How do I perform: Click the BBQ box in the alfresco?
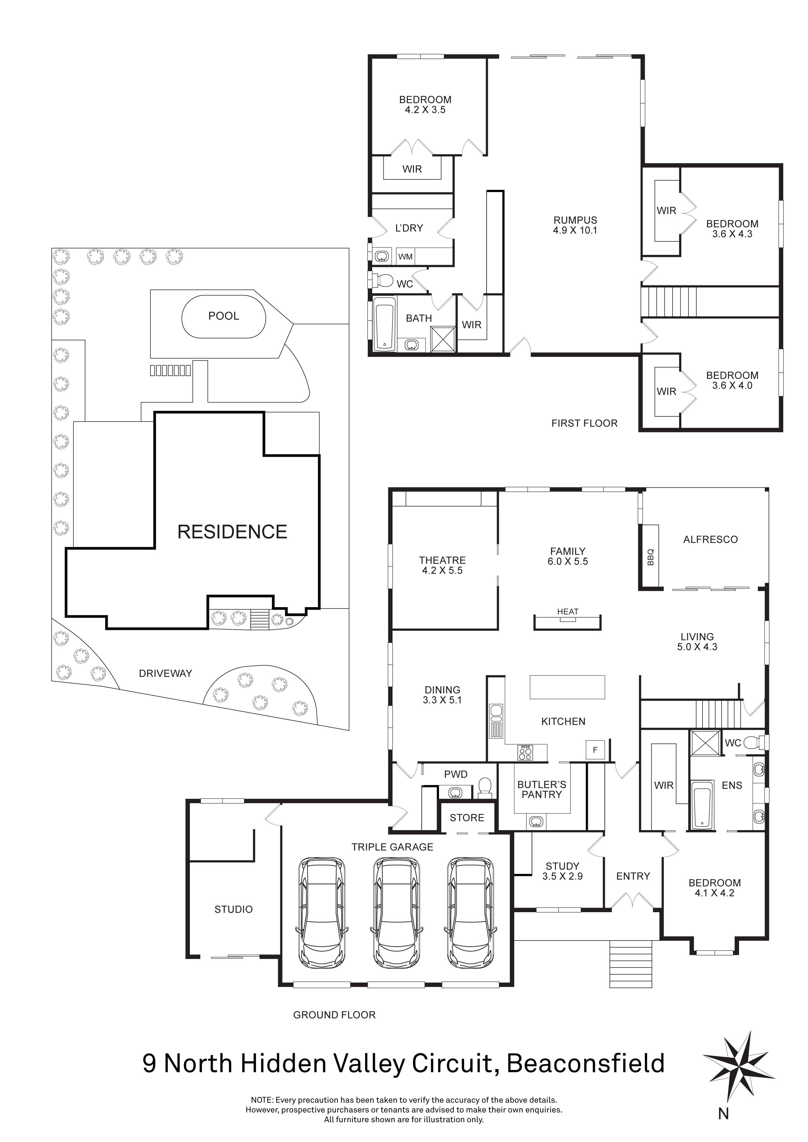(x=651, y=557)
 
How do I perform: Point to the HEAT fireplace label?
(x=568, y=612)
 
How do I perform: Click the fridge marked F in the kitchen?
(x=595, y=750)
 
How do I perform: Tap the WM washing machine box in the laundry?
(x=405, y=257)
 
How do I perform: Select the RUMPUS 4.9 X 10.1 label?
(x=575, y=225)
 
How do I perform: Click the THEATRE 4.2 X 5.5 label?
(x=442, y=565)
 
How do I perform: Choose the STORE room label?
(x=467, y=818)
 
